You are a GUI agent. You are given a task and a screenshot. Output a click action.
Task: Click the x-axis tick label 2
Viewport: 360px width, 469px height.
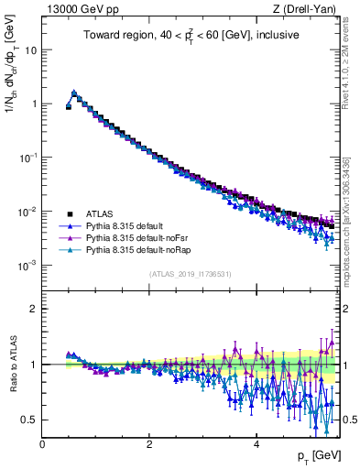click(x=149, y=444)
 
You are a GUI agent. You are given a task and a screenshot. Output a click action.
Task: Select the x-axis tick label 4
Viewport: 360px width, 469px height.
click(x=256, y=444)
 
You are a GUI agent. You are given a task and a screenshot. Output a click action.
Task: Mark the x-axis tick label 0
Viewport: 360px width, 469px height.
click(x=42, y=444)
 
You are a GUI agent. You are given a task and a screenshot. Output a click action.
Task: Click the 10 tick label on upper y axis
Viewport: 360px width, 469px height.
click(x=30, y=49)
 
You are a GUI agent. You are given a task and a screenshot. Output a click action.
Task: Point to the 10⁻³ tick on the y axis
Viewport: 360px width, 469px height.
click(x=27, y=266)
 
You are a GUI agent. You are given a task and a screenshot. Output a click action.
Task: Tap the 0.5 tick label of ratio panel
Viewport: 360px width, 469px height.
click(x=29, y=420)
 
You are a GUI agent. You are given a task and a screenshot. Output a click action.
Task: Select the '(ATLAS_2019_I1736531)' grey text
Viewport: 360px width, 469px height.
click(x=191, y=274)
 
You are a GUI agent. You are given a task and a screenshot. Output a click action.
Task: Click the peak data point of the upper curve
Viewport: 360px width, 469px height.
click(x=74, y=93)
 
